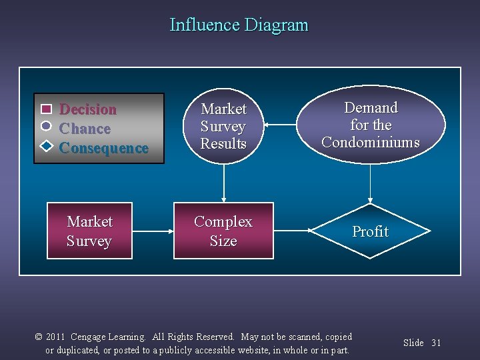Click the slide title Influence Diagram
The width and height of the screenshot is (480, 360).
[239, 25]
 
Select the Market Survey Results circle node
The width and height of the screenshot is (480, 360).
[223, 126]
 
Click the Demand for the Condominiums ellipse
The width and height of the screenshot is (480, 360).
[371, 125]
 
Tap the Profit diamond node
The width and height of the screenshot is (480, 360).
[370, 231]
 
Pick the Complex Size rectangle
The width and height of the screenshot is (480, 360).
[223, 231]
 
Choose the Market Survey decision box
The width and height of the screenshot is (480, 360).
[89, 231]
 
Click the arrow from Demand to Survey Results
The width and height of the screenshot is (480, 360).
[280, 125]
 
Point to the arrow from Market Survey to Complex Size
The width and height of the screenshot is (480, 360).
[153, 231]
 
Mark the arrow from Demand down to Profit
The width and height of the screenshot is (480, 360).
[371, 183]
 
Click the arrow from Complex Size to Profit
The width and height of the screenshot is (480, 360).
[293, 231]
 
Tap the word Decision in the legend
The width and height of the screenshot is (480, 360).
[88, 109]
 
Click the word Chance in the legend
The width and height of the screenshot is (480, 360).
[85, 129]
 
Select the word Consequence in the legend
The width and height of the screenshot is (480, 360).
[103, 148]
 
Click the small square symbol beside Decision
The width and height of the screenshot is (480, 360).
[46, 109]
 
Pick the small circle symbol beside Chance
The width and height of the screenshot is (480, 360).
[46, 126]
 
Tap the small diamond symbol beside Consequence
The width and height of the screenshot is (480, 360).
[46, 145]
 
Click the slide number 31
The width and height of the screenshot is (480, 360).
[436, 343]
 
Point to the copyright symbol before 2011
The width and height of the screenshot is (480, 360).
[39, 337]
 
